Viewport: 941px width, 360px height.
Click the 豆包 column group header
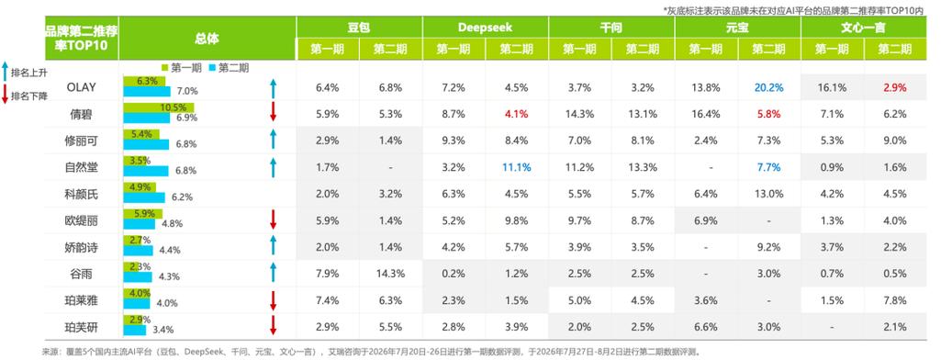click(x=359, y=27)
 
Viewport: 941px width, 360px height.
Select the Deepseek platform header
click(x=485, y=27)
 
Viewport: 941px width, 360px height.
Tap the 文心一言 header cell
click(x=864, y=27)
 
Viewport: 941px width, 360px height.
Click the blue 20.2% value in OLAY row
click(x=768, y=87)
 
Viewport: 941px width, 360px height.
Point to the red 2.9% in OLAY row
click(x=895, y=87)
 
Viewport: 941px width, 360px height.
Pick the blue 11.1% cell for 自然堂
click(x=517, y=167)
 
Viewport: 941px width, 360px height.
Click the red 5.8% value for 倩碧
click(x=768, y=114)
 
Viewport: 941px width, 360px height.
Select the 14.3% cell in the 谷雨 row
click(x=390, y=275)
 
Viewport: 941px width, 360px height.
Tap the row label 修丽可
click(x=81, y=141)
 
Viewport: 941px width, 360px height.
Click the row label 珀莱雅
click(x=81, y=301)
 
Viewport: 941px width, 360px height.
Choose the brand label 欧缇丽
click(x=81, y=220)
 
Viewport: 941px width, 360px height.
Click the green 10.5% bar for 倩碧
click(x=159, y=108)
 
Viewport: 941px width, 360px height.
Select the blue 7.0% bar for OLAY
click(x=147, y=91)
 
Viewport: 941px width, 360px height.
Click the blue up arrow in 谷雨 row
click(x=273, y=272)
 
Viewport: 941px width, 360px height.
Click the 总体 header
click(x=207, y=39)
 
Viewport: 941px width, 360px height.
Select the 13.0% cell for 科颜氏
click(x=768, y=195)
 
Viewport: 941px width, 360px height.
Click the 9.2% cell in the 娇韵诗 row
click(x=768, y=247)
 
